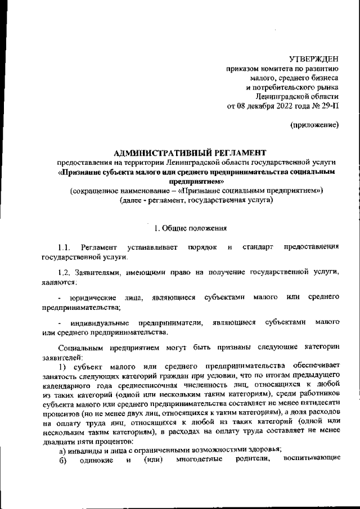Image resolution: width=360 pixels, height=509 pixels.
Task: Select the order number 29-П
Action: pos(330,105)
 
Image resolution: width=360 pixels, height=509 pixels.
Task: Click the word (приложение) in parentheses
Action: pos(314,124)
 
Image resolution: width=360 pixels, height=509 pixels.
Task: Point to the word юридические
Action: pos(93,296)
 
